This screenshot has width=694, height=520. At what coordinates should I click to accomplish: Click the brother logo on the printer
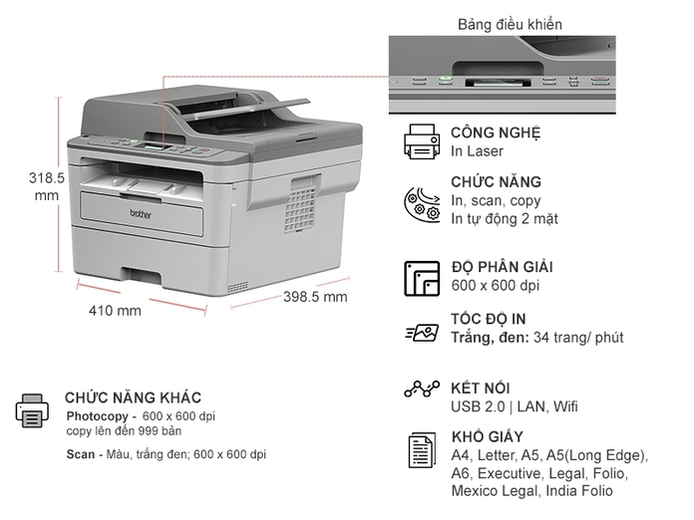pyautogui.click(x=141, y=214)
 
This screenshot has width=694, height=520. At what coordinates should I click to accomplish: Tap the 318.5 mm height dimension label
pyautogui.click(x=47, y=186)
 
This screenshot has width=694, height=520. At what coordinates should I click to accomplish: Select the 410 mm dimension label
pyautogui.click(x=115, y=311)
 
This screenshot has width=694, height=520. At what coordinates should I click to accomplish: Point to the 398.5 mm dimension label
pyautogui.click(x=315, y=296)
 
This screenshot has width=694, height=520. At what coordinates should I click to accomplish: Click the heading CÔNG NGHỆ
pyautogui.click(x=496, y=132)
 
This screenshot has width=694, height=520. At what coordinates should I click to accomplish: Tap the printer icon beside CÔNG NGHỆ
pyautogui.click(x=422, y=141)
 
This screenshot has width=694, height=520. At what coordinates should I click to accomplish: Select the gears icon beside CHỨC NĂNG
pyautogui.click(x=422, y=204)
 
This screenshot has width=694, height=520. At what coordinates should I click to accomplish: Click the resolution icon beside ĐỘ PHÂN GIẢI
pyautogui.click(x=422, y=279)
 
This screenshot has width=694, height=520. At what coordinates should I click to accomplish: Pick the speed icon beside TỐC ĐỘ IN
pyautogui.click(x=422, y=333)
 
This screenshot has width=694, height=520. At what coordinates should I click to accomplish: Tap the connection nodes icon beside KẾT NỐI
pyautogui.click(x=422, y=389)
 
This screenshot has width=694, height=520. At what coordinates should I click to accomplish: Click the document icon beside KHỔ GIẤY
pyautogui.click(x=422, y=450)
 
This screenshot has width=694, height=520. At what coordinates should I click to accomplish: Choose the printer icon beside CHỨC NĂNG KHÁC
pyautogui.click(x=32, y=410)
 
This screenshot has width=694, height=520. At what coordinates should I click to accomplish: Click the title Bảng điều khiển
pyautogui.click(x=510, y=24)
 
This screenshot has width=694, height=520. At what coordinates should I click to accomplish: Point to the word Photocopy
pyautogui.click(x=97, y=416)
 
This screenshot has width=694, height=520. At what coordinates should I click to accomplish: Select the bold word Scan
pyautogui.click(x=81, y=454)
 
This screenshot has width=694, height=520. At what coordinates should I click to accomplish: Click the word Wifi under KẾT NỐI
pyautogui.click(x=565, y=406)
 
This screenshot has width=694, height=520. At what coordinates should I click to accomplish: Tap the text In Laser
pyautogui.click(x=477, y=151)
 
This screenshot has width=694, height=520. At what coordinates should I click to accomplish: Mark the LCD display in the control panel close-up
pyautogui.click(x=498, y=83)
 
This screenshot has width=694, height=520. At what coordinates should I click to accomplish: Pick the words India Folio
pyautogui.click(x=579, y=491)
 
